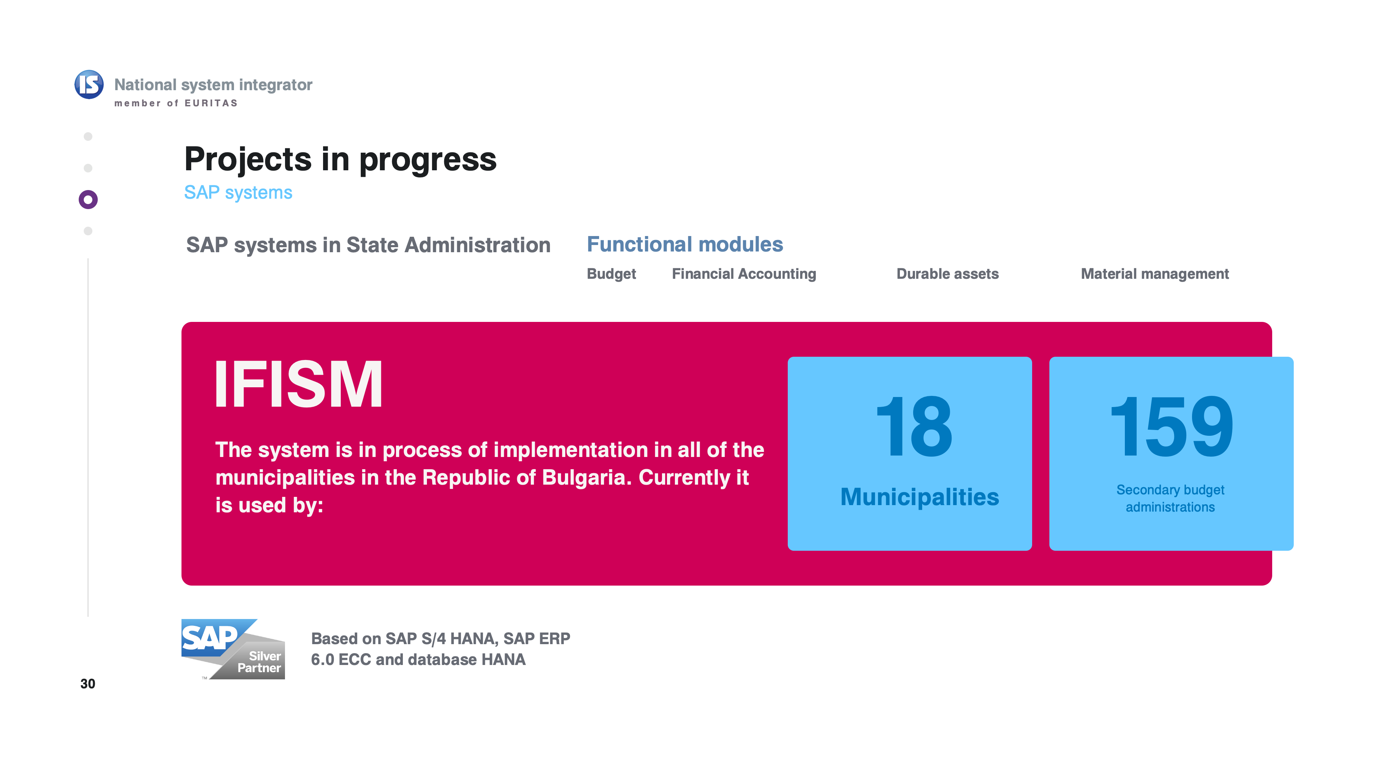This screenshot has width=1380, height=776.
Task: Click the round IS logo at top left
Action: point(89,85)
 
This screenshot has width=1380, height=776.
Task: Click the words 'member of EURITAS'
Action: point(176,103)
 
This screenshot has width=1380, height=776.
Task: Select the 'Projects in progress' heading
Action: point(340,160)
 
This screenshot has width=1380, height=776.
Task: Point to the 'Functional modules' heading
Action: point(685,244)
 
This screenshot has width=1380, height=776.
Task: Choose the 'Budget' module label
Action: point(611,274)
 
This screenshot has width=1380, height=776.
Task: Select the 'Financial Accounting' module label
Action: point(744,274)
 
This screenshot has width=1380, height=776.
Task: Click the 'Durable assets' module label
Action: point(948,274)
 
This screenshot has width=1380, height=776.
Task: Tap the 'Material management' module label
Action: point(1155,274)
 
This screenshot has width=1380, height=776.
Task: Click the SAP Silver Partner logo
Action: point(233,649)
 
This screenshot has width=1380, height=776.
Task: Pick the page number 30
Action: point(88,684)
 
